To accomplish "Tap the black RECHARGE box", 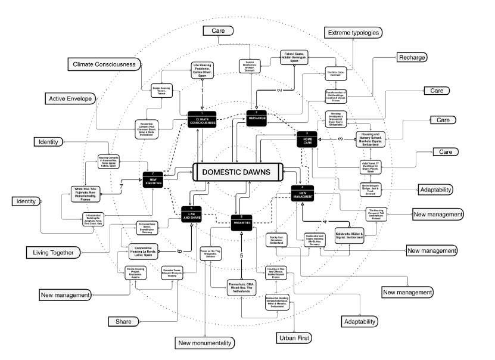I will [x=260, y=116].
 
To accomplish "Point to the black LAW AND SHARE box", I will [x=192, y=214].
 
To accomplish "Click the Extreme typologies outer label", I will [x=353, y=32].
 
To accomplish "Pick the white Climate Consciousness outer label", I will [x=105, y=64].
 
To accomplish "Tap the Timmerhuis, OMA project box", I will [x=242, y=288].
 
